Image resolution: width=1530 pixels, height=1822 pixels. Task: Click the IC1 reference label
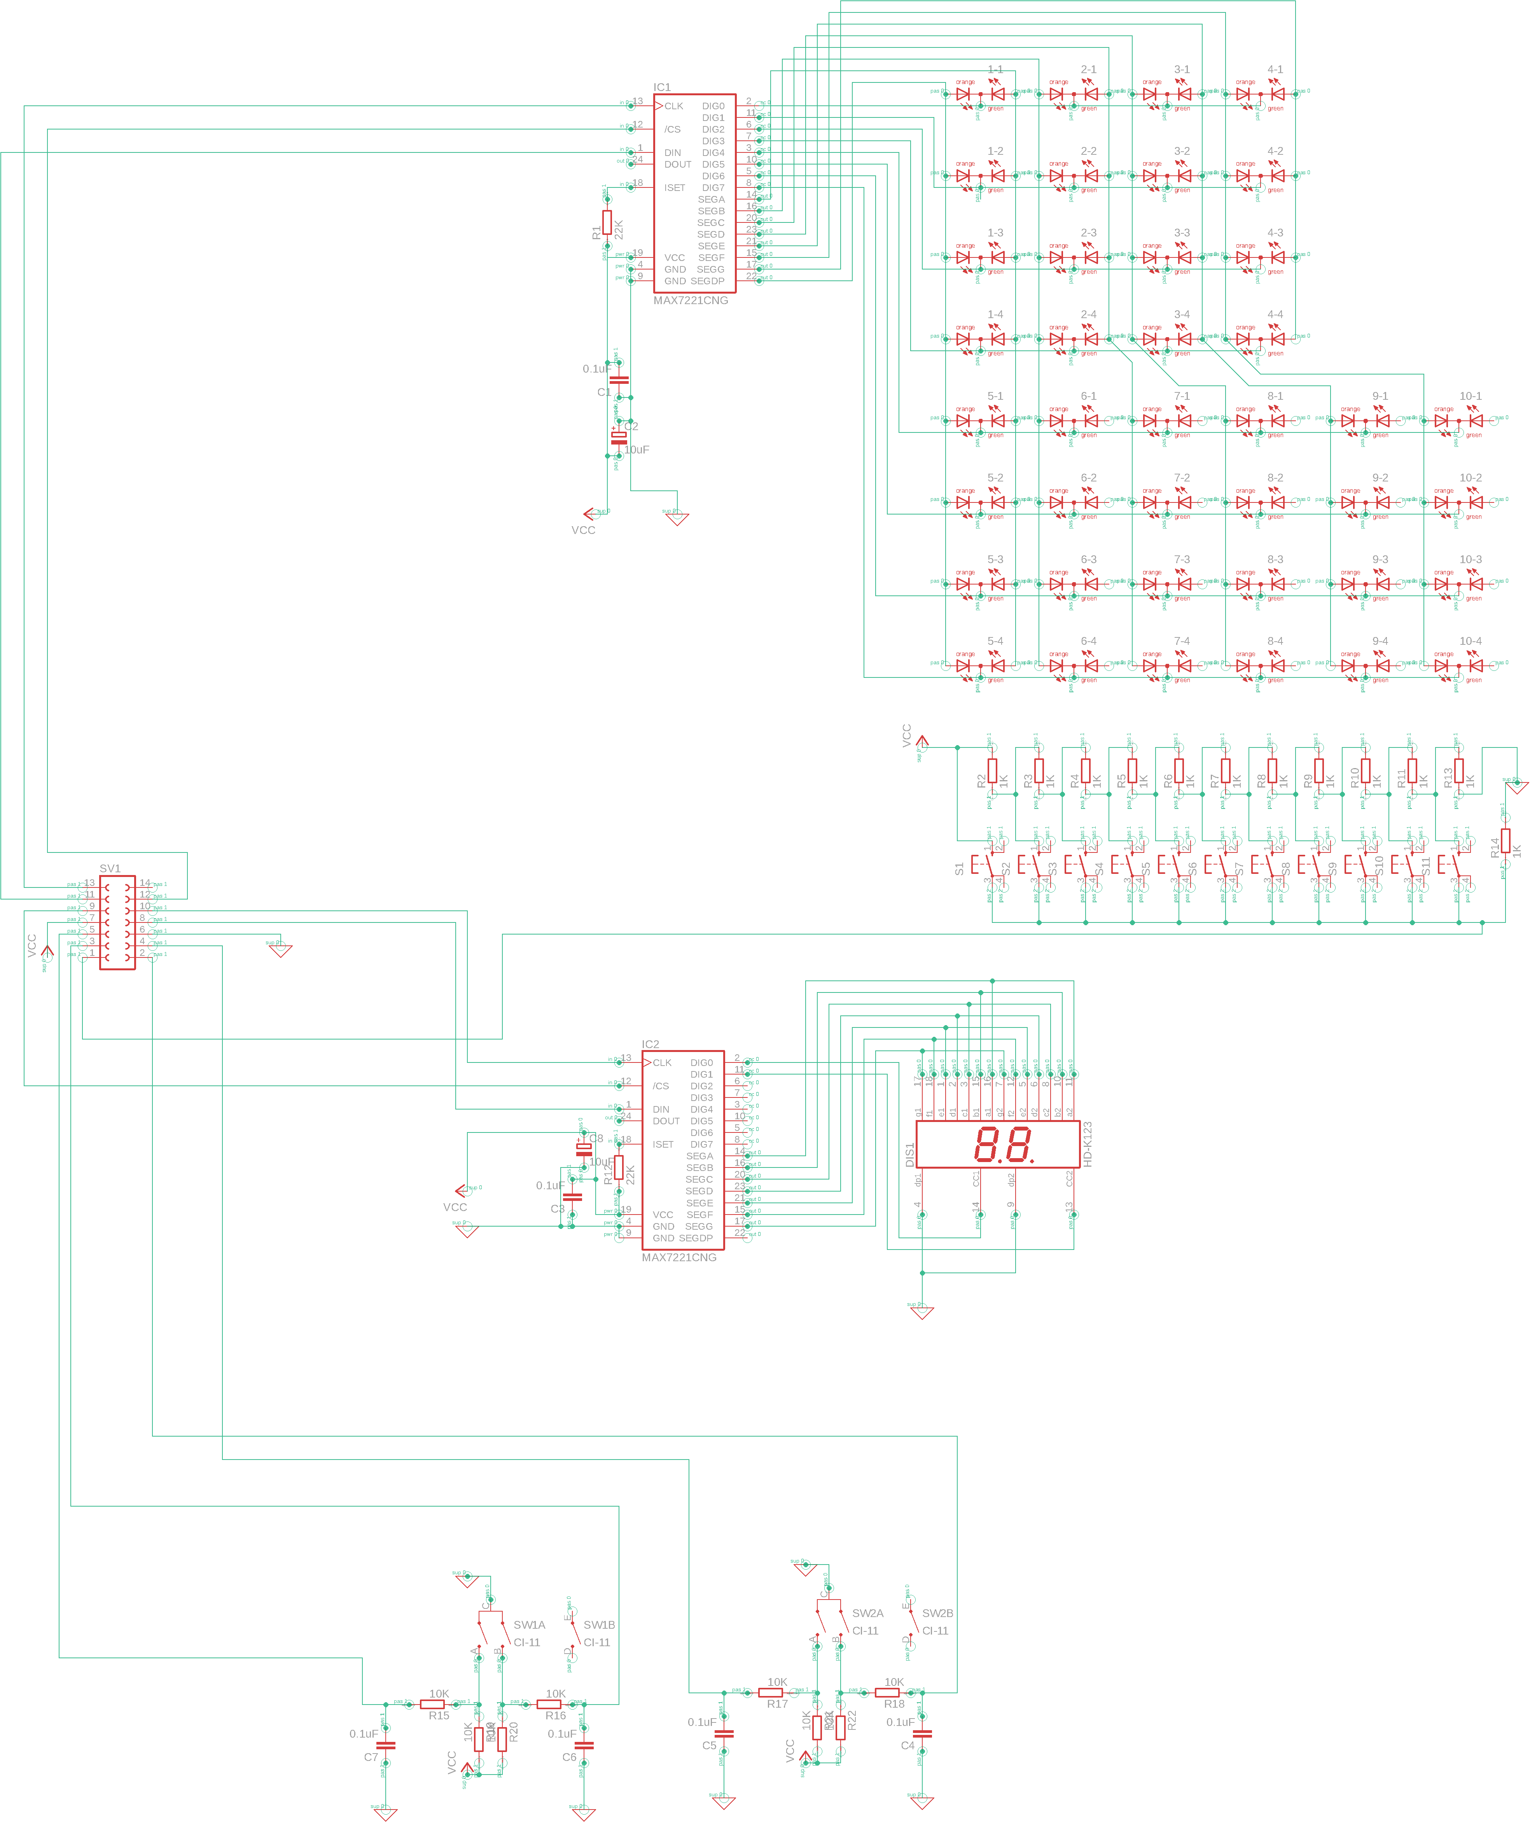pyautogui.click(x=662, y=88)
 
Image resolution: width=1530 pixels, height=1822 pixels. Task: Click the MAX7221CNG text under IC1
pyautogui.click(x=691, y=300)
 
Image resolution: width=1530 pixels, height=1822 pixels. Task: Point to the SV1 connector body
pyautogui.click(x=117, y=922)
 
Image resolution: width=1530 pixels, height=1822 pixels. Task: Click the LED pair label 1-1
pyautogui.click(x=995, y=69)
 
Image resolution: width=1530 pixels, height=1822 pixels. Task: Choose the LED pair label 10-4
pyautogui.click(x=1470, y=641)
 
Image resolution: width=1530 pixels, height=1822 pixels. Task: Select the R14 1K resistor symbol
pyautogui.click(x=1505, y=842)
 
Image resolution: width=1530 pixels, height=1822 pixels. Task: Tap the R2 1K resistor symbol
pyautogui.click(x=992, y=770)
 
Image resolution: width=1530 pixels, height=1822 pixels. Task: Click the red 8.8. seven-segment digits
pyautogui.click(x=1004, y=1145)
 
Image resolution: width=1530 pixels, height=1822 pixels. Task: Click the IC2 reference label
pyautogui.click(x=650, y=1045)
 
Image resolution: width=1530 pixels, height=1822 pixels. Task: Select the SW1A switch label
pyautogui.click(x=529, y=1625)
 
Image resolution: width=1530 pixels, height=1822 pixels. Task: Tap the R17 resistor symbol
pyautogui.click(x=771, y=1692)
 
